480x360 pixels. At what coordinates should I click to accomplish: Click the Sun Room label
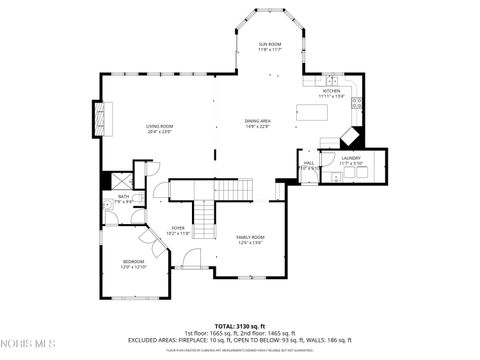point(270,47)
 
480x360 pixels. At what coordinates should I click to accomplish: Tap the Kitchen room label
point(332,94)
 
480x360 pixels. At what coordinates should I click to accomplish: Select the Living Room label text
point(160,128)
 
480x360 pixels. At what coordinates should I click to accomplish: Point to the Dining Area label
point(257,124)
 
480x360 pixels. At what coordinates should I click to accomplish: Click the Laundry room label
point(350,161)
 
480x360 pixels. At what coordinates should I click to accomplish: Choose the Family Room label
point(250,239)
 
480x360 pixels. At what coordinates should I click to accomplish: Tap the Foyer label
point(178,231)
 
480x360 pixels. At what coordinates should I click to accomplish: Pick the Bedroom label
point(133,264)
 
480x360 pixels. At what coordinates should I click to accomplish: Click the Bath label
point(124,199)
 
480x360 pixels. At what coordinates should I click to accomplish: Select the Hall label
point(309,165)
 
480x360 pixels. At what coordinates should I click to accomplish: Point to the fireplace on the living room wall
point(99,119)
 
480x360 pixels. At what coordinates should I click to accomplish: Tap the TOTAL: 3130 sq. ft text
point(239,326)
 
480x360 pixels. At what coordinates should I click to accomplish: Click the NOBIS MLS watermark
point(30,345)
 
